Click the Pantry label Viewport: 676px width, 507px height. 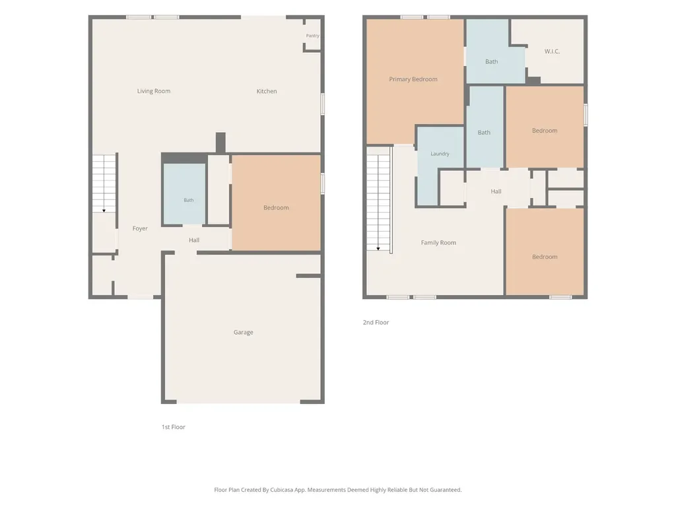tap(312, 36)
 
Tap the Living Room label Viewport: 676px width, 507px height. tap(153, 91)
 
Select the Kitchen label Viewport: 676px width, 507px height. tap(267, 91)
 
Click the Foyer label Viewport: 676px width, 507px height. tap(140, 228)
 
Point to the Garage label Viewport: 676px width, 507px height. tap(243, 332)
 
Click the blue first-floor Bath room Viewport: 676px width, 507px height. tap(184, 194)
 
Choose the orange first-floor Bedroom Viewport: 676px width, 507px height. tap(276, 202)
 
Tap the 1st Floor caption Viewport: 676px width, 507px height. tap(174, 427)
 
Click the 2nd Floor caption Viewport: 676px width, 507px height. tap(376, 322)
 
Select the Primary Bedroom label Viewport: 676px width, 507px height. tap(413, 79)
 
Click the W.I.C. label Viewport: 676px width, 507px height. tap(552, 51)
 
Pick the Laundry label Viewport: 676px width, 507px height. tap(440, 153)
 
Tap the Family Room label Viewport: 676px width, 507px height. tap(438, 243)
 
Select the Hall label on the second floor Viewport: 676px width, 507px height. tap(496, 191)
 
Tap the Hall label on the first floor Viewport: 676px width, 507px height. tap(194, 240)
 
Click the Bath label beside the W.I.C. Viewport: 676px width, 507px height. tap(491, 61)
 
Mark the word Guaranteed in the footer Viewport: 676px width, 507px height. tap(447, 490)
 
